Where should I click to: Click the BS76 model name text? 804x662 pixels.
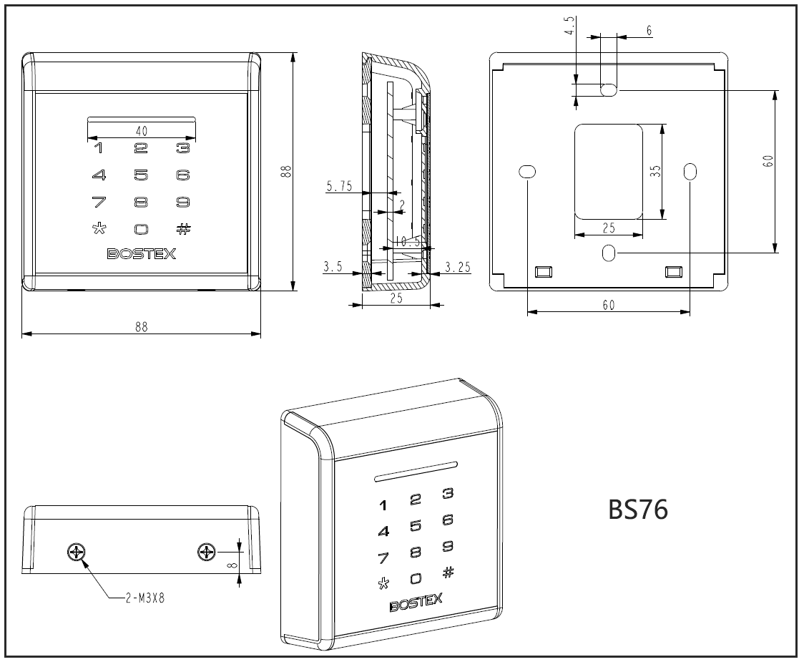click(x=637, y=510)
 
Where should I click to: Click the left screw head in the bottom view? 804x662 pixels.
click(x=76, y=552)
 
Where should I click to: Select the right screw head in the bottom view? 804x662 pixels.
click(x=207, y=552)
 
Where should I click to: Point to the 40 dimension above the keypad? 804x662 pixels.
click(x=141, y=130)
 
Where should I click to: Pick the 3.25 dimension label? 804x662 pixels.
click(x=457, y=267)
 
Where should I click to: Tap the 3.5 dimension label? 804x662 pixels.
click(x=333, y=267)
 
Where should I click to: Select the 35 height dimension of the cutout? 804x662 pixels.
click(x=655, y=172)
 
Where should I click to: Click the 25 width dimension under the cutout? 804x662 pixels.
click(x=609, y=228)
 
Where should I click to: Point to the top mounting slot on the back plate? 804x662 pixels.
click(x=609, y=89)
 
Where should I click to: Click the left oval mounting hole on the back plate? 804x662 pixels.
click(x=526, y=172)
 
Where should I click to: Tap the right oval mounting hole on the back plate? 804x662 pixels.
click(x=690, y=172)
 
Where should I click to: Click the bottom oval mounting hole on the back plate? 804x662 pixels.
click(x=609, y=253)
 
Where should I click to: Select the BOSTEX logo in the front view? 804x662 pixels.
click(x=141, y=253)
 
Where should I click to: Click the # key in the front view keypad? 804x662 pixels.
click(x=184, y=229)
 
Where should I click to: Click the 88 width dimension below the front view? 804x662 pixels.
click(x=141, y=326)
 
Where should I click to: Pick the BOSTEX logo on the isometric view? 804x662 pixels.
click(x=416, y=602)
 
